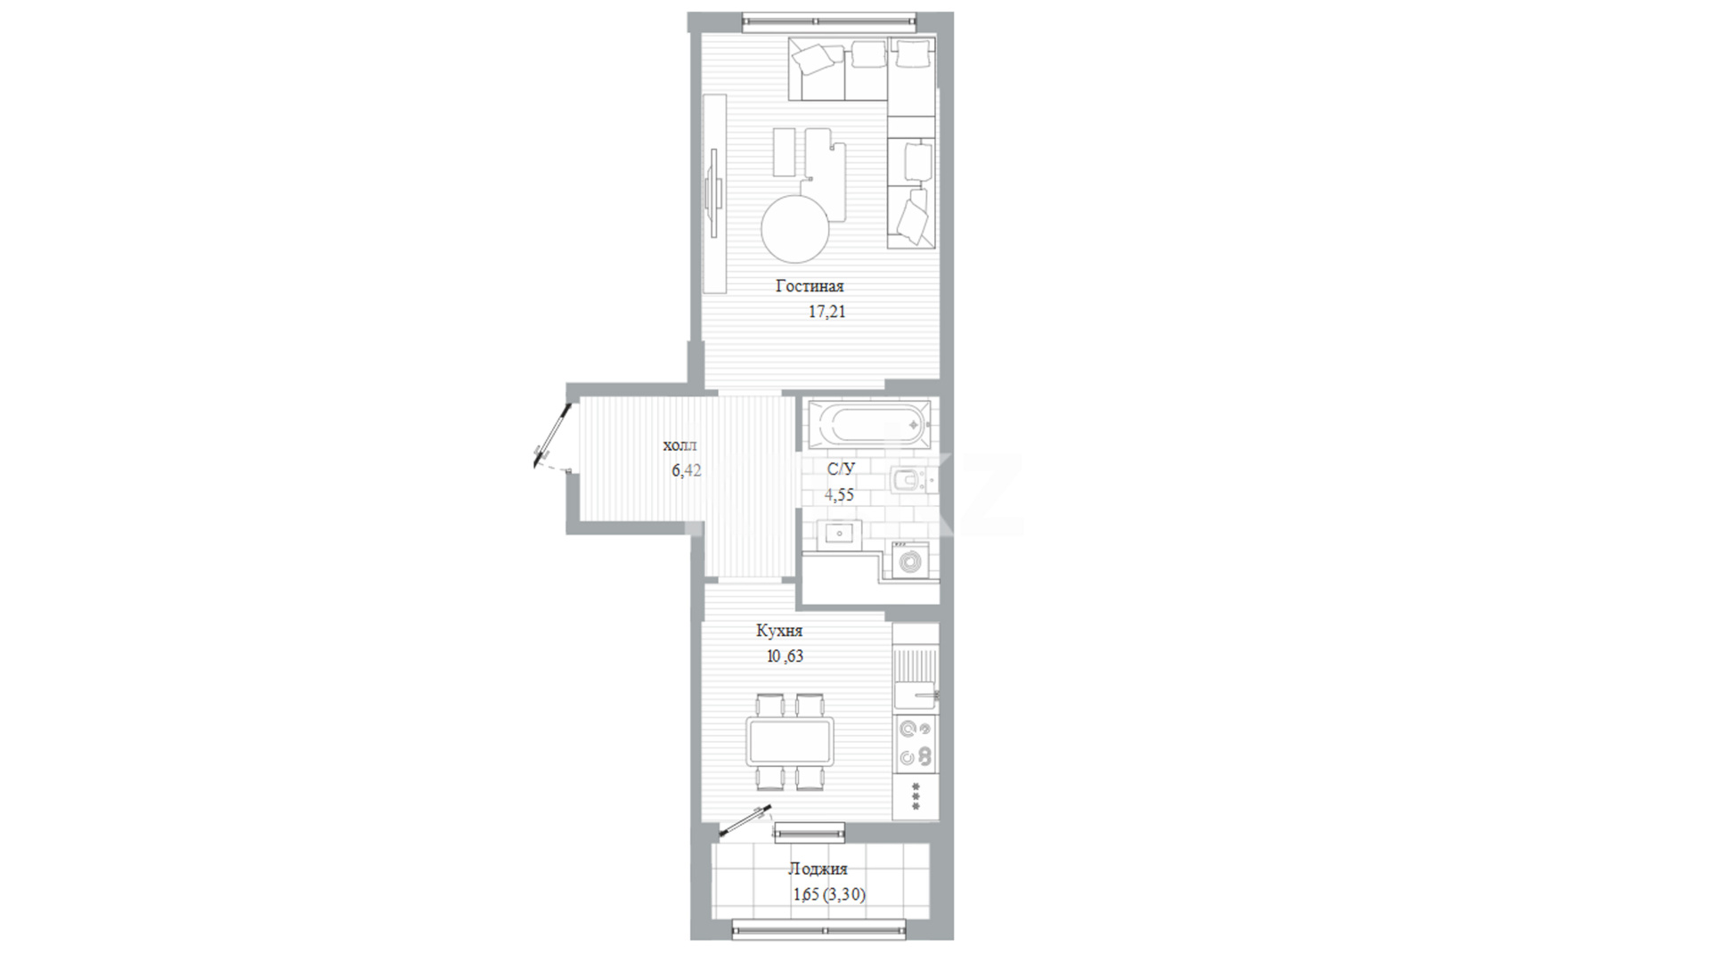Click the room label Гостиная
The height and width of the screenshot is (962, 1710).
810,287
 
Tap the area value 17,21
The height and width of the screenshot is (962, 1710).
826,313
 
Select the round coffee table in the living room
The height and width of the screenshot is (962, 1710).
795,229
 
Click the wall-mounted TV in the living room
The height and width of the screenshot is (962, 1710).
713,192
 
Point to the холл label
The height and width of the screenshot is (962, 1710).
680,445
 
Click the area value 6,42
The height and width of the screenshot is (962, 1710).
687,470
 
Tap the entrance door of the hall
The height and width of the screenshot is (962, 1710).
551,436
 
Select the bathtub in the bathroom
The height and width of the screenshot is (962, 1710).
868,424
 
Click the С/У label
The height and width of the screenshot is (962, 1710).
841,469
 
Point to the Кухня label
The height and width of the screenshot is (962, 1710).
779,631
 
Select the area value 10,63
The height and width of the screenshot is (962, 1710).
785,656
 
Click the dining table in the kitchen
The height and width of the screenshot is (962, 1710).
791,742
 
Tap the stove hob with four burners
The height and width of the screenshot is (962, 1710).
916,743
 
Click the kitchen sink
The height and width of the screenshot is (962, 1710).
916,679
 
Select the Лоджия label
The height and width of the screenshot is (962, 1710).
818,868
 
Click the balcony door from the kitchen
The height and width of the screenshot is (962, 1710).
745,821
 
